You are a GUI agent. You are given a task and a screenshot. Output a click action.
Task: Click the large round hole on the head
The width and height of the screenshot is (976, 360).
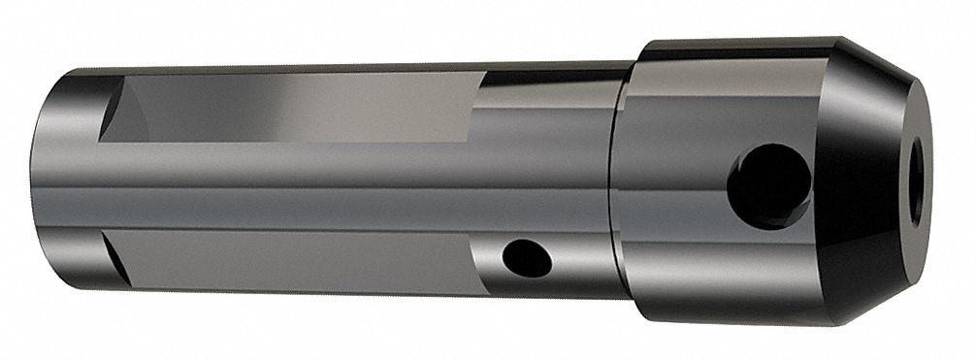click(768, 185)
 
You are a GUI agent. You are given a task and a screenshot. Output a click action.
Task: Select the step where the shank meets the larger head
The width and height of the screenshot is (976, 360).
click(617, 184)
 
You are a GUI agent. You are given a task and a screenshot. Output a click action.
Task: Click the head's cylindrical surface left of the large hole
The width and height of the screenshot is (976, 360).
click(669, 184)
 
